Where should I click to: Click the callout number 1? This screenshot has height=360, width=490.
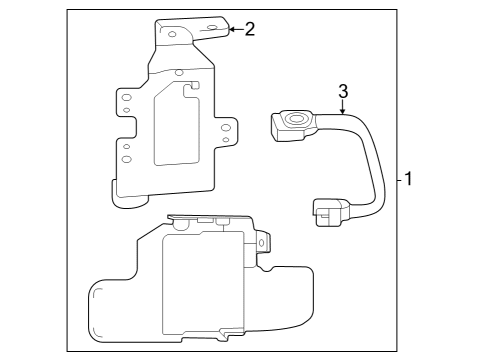pyautogui.click(x=409, y=180)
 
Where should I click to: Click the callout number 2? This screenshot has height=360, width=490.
pyautogui.click(x=249, y=28)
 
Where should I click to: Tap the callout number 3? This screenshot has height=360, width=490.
pyautogui.click(x=343, y=91)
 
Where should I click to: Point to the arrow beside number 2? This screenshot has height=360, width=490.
pyautogui.click(x=234, y=29)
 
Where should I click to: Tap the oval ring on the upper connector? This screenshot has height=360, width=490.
pyautogui.click(x=298, y=119)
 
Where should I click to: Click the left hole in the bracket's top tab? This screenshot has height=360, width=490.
pyautogui.click(x=172, y=35)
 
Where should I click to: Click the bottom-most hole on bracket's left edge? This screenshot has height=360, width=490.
pyautogui.click(x=127, y=159)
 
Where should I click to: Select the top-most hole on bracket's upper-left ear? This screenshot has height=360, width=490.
pyautogui.click(x=127, y=96)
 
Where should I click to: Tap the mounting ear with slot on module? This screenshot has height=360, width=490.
pyautogui.click(x=263, y=242)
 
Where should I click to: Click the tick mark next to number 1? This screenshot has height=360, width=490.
pyautogui.click(x=398, y=180)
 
